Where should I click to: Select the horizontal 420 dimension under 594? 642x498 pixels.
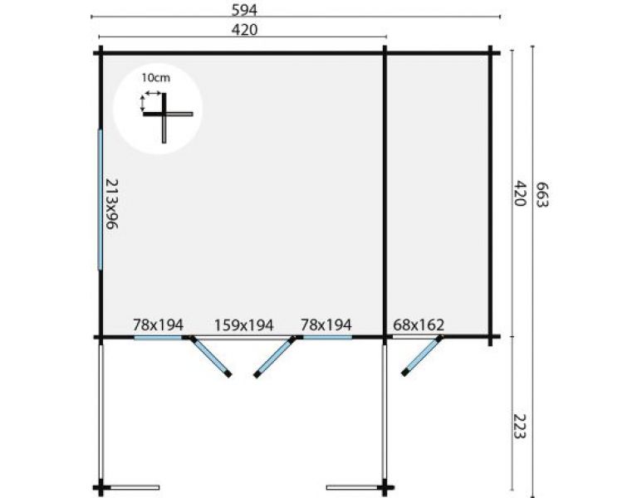(x=243, y=30)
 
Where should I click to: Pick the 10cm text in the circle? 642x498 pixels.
(x=155, y=77)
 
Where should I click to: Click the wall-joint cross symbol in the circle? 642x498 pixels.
(x=166, y=115)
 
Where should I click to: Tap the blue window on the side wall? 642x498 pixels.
(x=100, y=199)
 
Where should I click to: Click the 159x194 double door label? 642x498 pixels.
(x=243, y=325)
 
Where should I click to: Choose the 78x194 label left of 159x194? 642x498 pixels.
(x=158, y=325)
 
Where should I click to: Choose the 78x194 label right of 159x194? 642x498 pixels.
(x=326, y=325)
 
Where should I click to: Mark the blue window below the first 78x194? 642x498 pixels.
(x=158, y=338)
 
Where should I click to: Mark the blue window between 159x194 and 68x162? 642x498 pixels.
(x=326, y=338)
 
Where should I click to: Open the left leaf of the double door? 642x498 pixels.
(x=210, y=357)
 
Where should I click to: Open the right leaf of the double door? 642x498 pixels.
(x=275, y=357)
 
